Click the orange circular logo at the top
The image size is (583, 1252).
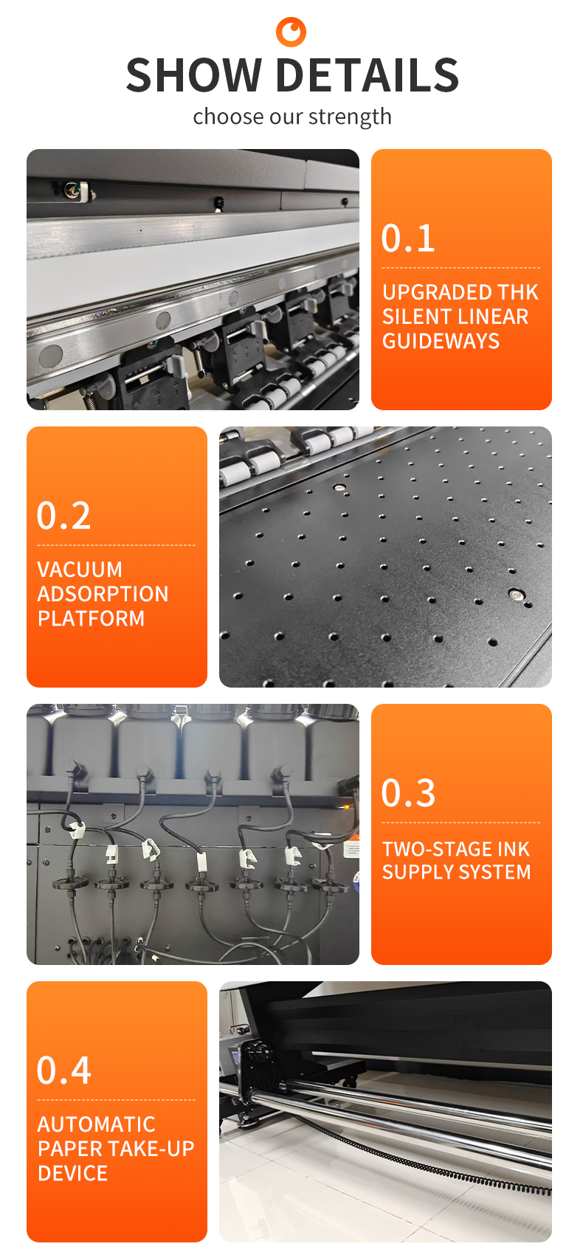(x=291, y=32)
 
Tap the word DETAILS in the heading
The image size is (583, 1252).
(x=368, y=75)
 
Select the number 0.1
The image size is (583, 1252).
(x=408, y=238)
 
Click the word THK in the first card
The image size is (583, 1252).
(x=517, y=292)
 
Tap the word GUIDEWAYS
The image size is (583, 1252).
(x=441, y=341)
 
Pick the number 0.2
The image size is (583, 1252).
(x=63, y=515)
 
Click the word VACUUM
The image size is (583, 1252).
(x=80, y=570)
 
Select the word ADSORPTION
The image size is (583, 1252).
(x=103, y=594)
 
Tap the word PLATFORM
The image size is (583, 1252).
(x=91, y=618)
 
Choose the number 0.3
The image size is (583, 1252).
(x=408, y=793)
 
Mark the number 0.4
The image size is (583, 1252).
(x=63, y=1071)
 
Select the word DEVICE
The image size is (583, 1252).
(x=72, y=1173)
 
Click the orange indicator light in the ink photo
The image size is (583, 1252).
(x=346, y=806)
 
